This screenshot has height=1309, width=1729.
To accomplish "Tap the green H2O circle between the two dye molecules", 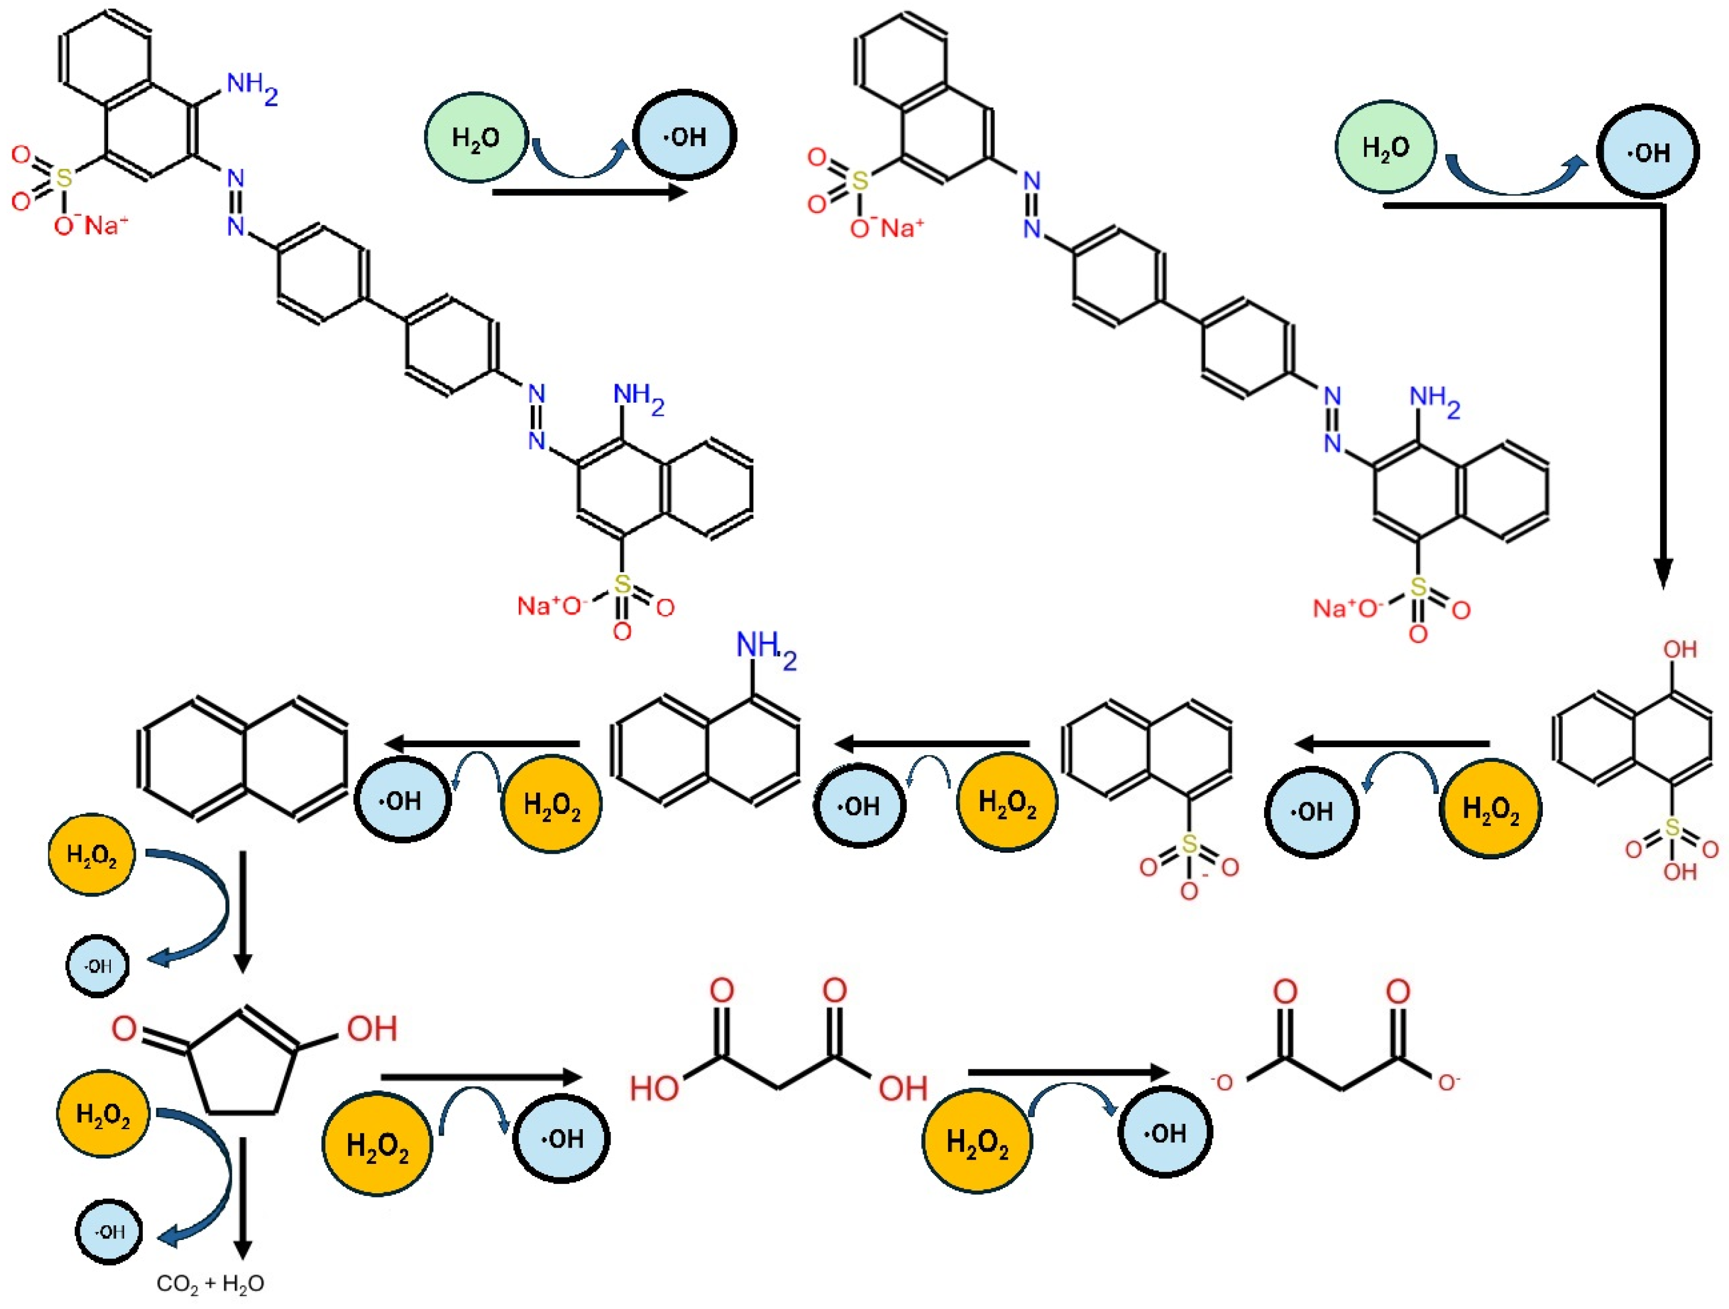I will point(475,137).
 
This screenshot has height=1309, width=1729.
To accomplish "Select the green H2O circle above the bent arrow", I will point(1386,147).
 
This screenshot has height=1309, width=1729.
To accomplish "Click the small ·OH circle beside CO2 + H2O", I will point(109,1232).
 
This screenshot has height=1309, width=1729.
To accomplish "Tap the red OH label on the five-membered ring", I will point(372,1028).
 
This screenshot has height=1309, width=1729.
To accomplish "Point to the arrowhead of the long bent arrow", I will point(1663,575).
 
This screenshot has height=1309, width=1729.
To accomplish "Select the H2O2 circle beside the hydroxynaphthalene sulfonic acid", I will point(1491,809).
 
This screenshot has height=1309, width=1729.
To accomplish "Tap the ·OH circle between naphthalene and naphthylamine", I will point(403,800).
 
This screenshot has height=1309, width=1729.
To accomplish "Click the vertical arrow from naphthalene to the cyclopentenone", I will point(243,911).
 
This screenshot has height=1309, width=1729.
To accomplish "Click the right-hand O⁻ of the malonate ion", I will point(1448,1083).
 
